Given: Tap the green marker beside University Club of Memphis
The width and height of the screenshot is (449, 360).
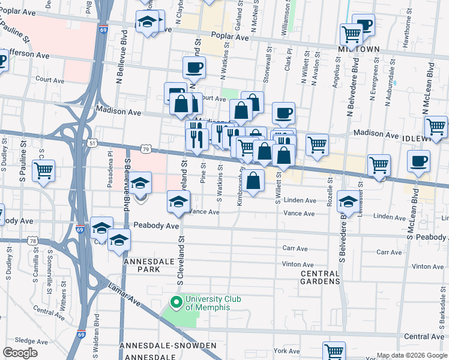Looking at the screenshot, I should coord(177,301).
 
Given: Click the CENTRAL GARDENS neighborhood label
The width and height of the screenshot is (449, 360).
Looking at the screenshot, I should coord(320,277).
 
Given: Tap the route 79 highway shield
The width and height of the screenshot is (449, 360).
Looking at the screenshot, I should coord(145,148).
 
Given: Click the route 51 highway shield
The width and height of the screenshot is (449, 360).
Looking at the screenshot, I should coord(91,143).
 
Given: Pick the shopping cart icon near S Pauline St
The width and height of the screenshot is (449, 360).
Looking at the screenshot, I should coord(43,170).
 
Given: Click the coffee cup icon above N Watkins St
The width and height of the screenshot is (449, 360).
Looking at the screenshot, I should coord(194,68).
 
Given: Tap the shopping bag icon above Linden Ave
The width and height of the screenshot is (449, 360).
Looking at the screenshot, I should coord(253,180).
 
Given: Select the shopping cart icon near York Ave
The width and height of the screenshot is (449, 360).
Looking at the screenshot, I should coord(334,352).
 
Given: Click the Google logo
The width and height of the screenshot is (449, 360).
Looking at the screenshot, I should coord(20,353).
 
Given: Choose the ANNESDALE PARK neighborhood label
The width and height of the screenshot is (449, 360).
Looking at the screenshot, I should coord(142,266).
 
